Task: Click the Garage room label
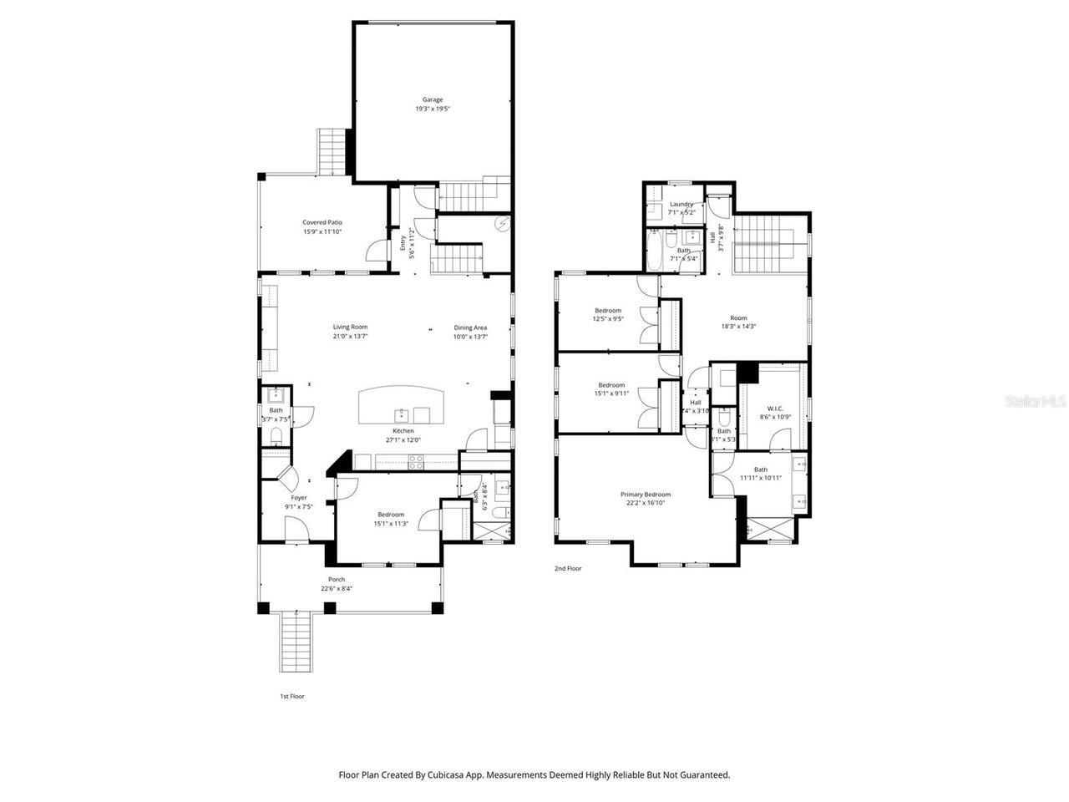(x=433, y=100)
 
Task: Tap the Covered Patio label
(x=322, y=222)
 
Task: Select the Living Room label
(x=350, y=327)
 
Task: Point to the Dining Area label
(x=470, y=327)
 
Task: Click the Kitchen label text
(x=403, y=431)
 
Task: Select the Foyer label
(x=298, y=498)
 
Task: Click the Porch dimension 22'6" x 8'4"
(x=337, y=589)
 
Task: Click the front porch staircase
(x=296, y=641)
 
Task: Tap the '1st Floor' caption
(x=291, y=696)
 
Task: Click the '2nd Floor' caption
(x=568, y=568)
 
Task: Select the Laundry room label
(x=681, y=204)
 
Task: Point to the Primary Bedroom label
(x=645, y=495)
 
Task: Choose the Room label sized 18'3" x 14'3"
(x=738, y=317)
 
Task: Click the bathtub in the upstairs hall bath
(x=656, y=250)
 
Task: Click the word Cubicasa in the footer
(x=448, y=775)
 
